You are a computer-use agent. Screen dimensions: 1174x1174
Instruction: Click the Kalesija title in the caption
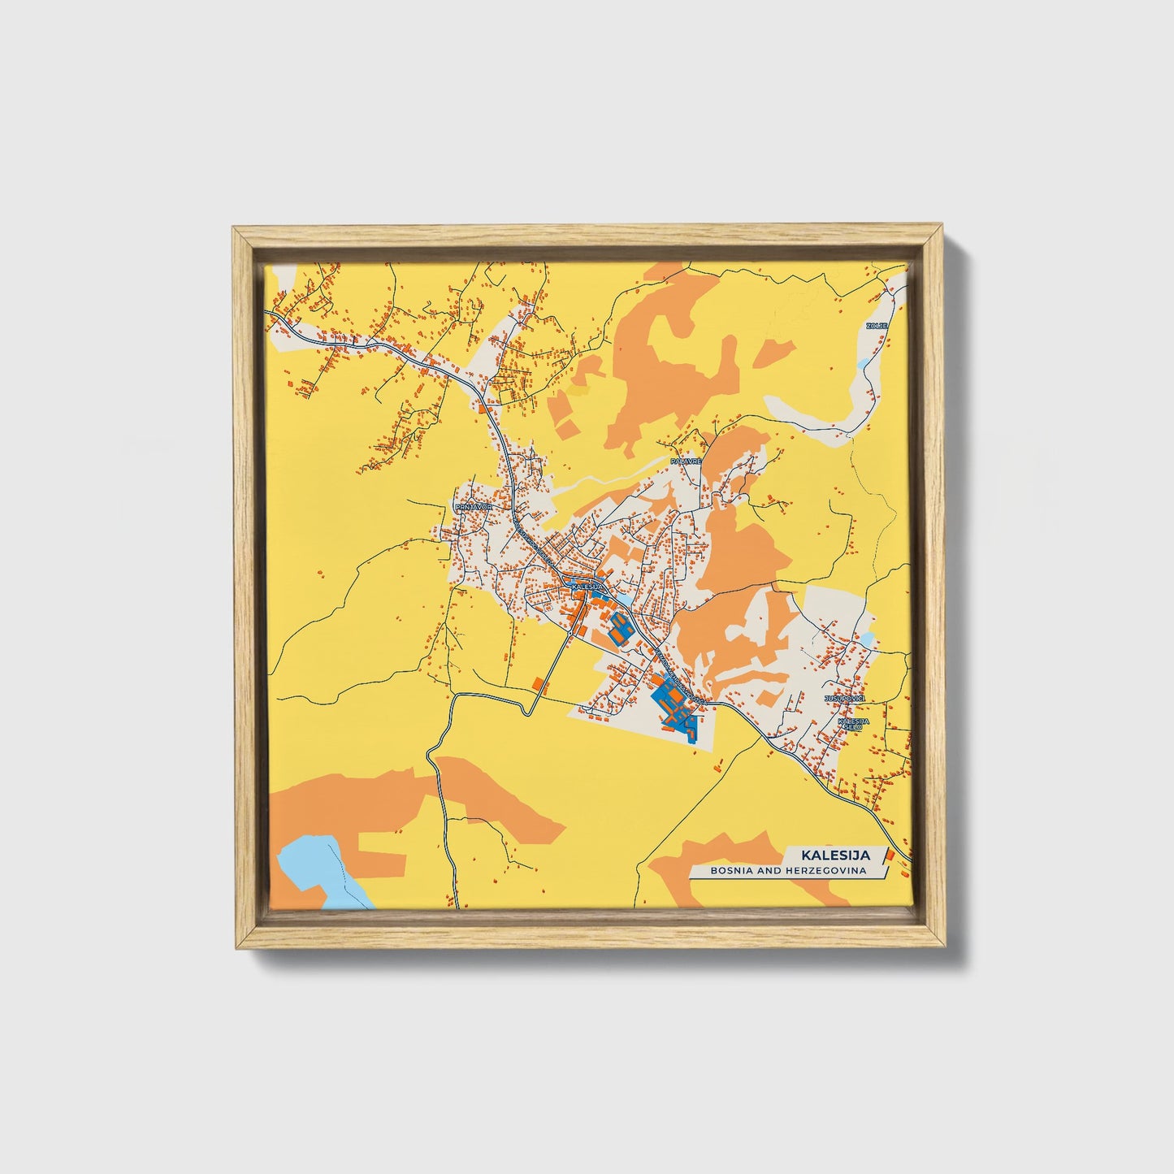tap(835, 855)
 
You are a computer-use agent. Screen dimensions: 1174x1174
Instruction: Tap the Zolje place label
tap(877, 326)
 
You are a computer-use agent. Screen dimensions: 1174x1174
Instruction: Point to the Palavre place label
tap(685, 461)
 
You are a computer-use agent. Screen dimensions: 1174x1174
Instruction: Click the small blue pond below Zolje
tap(863, 363)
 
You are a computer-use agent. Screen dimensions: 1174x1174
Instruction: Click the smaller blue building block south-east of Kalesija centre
tap(622, 628)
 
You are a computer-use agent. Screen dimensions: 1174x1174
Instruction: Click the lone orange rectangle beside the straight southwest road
tap(538, 682)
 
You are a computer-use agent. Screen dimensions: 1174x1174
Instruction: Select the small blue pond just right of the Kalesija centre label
tap(624, 599)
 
